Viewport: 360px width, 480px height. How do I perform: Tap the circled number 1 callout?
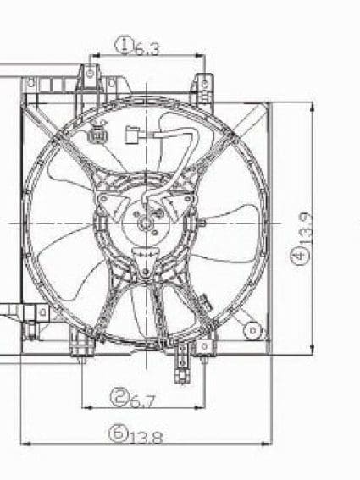coord(125,44)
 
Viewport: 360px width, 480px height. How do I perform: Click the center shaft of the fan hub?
coord(145,223)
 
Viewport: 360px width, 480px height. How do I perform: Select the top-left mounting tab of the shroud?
coord(90,75)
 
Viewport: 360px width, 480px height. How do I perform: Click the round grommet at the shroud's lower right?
coord(251,330)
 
